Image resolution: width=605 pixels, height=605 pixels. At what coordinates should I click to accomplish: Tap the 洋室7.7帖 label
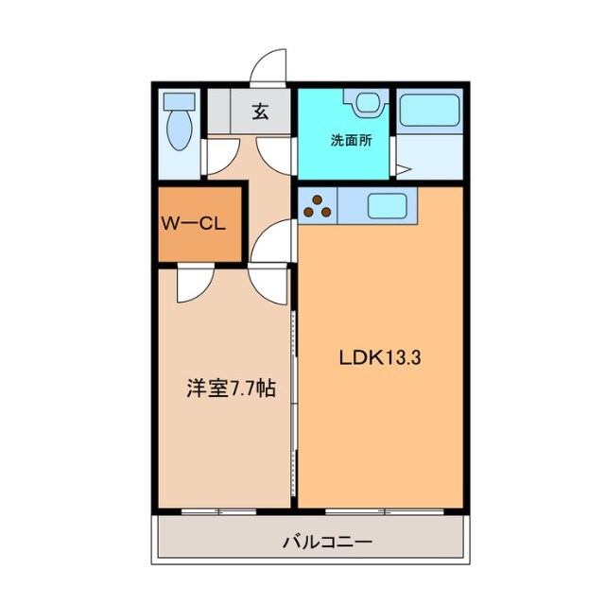coord(231,388)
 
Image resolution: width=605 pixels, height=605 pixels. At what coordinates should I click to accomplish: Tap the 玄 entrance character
coord(260,112)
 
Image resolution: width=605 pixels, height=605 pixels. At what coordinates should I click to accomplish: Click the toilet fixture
coord(178,125)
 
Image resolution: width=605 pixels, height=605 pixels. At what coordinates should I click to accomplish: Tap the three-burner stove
coord(318,206)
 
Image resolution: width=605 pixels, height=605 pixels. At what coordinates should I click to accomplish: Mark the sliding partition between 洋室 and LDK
coord(295,397)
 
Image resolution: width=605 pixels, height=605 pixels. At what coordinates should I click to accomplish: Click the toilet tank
coord(177,101)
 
